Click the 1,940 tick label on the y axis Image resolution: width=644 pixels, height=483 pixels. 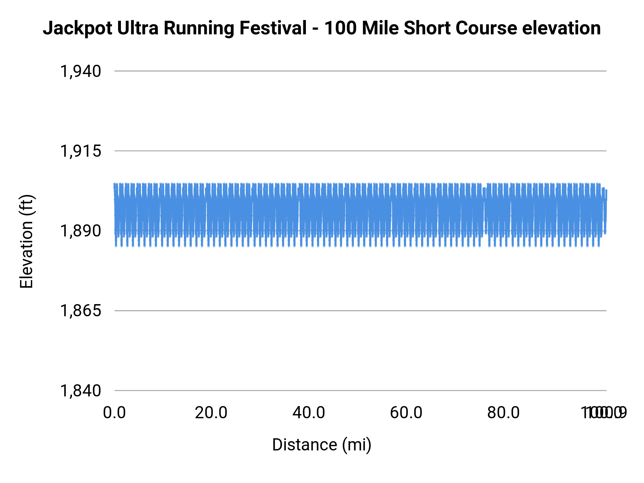80,72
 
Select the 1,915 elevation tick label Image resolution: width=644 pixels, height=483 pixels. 80,151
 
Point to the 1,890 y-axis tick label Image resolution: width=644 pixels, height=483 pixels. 80,231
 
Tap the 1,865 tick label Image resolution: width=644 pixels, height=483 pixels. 80,311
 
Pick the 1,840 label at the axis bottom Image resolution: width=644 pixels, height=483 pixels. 80,391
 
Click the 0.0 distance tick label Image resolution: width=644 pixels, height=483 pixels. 114,413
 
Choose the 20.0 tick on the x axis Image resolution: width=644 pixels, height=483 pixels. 211,413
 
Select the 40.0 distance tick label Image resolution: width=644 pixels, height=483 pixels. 309,413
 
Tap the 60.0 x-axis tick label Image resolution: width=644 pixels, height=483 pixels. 406,413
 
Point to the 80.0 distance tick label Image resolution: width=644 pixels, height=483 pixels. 504,413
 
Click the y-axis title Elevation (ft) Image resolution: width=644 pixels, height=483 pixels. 26,241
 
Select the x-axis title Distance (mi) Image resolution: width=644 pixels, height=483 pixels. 322,445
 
